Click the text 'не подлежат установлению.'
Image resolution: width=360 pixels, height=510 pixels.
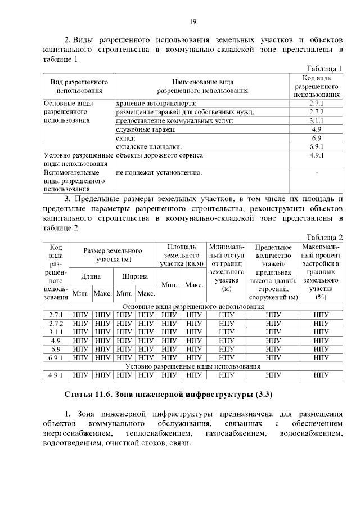[x=159, y=172]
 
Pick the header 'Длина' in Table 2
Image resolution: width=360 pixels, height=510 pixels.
[x=91, y=276]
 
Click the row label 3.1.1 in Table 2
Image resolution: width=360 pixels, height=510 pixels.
[x=55, y=332]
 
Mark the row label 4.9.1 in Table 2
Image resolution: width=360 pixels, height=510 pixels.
[x=55, y=375]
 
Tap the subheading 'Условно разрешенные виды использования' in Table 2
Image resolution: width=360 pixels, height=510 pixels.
[x=193, y=366]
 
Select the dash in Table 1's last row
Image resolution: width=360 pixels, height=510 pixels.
[x=318, y=172]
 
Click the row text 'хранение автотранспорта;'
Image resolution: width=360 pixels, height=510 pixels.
[x=156, y=103]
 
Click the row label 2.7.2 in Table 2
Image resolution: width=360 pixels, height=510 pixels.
[x=55, y=324]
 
